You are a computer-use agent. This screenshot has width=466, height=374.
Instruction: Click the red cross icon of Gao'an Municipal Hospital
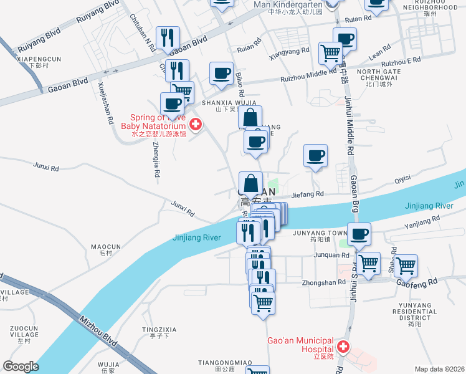pos(342,346)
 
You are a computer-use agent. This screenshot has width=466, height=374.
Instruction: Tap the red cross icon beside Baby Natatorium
pos(195,125)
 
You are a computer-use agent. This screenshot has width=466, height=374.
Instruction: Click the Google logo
pos(21,367)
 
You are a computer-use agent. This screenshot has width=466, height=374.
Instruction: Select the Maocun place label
pos(101,247)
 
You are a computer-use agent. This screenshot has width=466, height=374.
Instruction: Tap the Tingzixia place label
pos(159,329)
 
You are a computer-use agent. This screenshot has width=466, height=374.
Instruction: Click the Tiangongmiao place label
pos(224,362)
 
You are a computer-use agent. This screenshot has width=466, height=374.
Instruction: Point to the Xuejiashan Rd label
pos(105,102)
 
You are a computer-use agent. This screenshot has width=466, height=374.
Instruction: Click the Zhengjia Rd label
pos(156,160)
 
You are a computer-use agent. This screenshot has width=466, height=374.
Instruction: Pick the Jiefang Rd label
pos(310,194)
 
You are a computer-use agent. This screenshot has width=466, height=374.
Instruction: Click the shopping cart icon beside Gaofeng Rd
pos(406,266)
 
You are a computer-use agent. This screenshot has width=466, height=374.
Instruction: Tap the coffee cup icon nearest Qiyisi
pos(315,155)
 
